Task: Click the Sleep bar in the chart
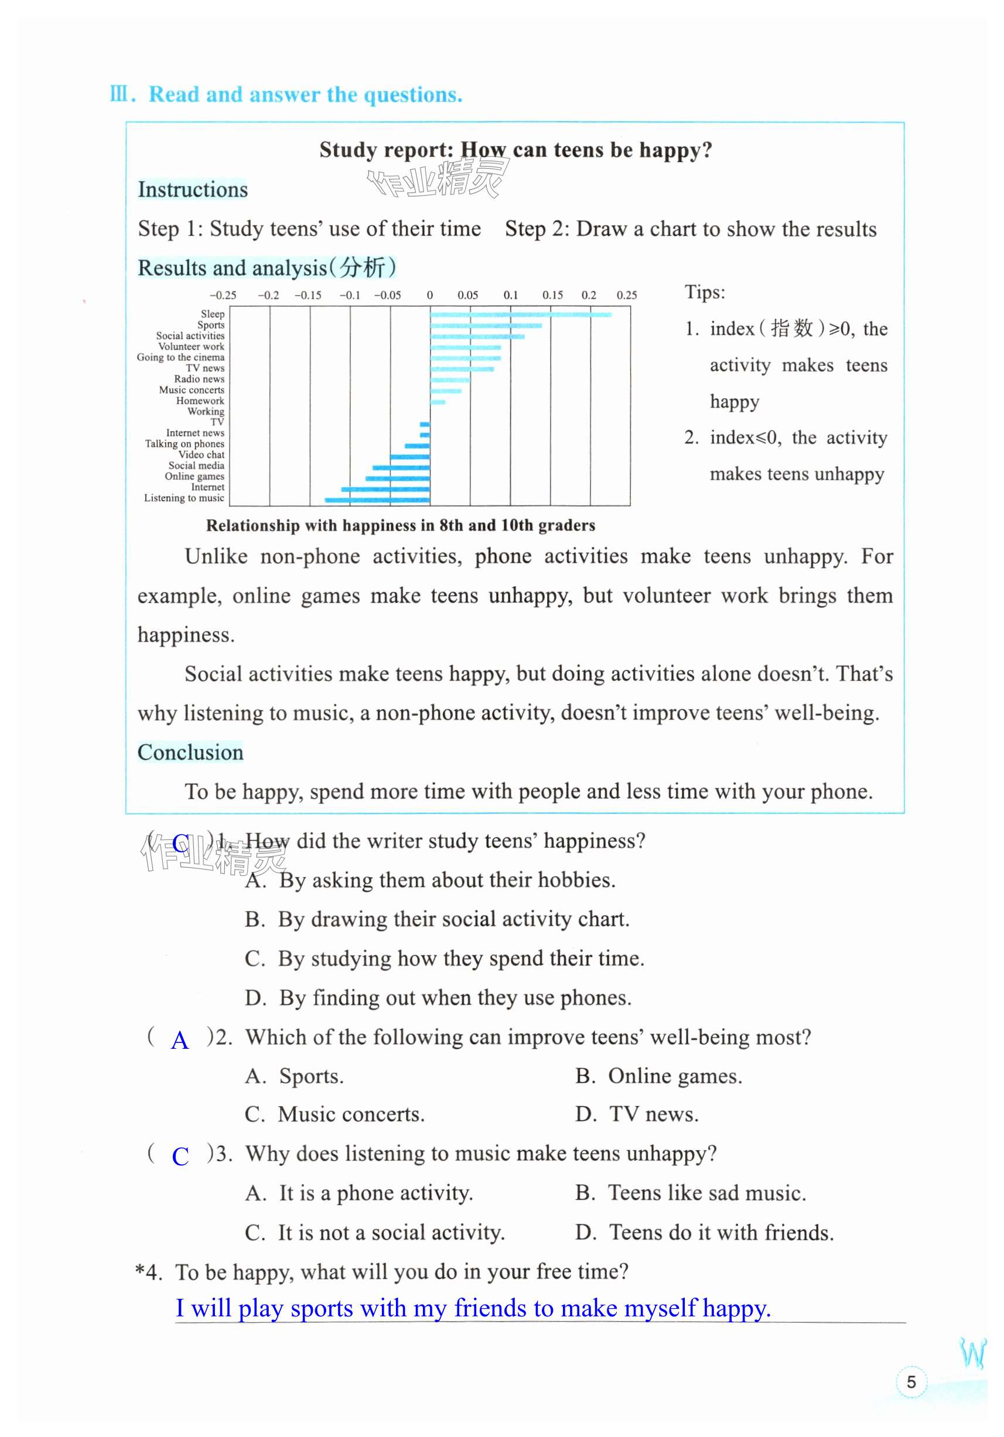520,314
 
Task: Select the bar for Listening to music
377,500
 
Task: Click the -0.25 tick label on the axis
223,295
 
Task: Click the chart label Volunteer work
191,347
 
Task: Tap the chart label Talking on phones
185,444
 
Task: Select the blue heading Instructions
193,190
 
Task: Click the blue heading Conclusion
190,752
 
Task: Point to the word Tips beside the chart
704,292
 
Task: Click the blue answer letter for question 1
180,843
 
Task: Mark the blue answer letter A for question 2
180,1040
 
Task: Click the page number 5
911,1382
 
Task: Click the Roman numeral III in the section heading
119,94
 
